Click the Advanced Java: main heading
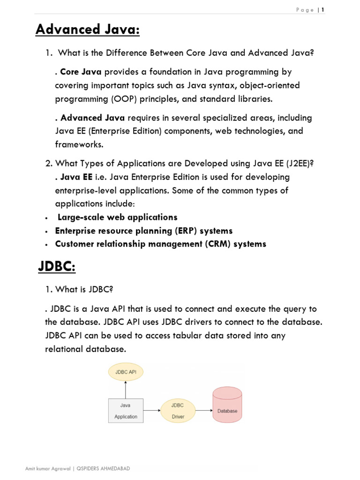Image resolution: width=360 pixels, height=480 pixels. pos(88,30)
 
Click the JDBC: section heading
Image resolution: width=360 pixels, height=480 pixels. pos(56,267)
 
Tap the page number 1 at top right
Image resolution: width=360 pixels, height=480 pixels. pos(322,10)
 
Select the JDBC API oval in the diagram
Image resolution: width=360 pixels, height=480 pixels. pos(126,373)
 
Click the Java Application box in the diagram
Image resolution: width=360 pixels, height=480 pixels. pos(126,411)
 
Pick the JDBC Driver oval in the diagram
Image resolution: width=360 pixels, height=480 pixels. pos(178,411)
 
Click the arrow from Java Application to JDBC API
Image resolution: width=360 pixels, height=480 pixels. pos(126,389)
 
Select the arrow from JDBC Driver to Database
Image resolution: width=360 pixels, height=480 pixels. pos(203,411)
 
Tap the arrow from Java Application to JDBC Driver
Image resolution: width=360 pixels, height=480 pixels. pos(151,411)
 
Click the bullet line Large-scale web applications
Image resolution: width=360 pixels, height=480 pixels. pos(117,217)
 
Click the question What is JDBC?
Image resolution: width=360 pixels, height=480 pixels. pos(79,290)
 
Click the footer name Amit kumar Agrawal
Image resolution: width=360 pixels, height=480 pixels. pos(47,469)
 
